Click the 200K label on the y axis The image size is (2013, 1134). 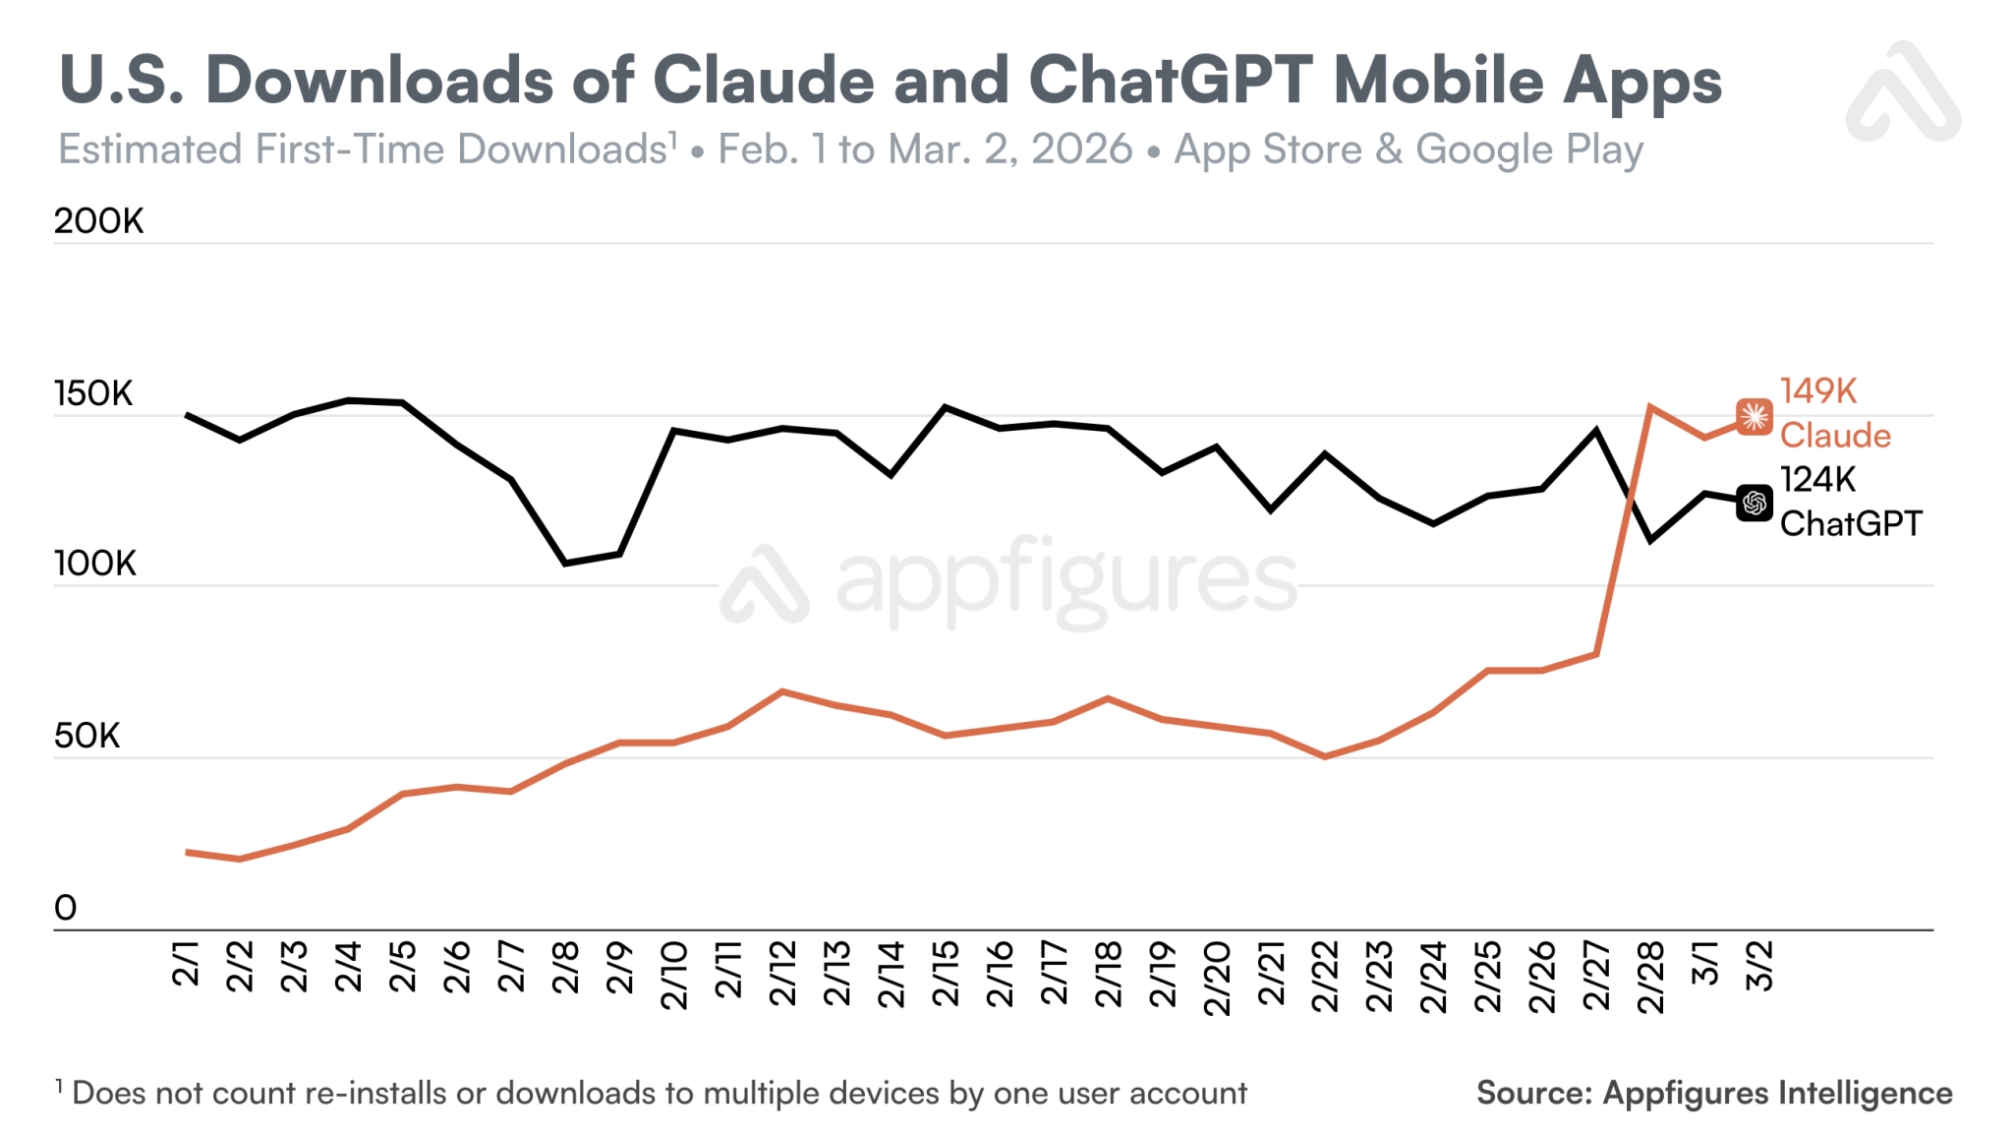coord(98,221)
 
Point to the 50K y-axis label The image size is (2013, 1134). coord(86,736)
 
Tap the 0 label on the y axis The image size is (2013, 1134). coord(65,907)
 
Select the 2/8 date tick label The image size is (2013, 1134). coord(565,967)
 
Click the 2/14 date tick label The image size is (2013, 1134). coord(891,975)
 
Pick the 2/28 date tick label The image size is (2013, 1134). coord(1650,977)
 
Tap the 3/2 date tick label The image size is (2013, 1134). coord(1758,966)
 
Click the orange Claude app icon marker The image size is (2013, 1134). coord(1754,417)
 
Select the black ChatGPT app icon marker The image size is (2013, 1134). coord(1754,504)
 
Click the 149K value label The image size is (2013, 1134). coord(1817,391)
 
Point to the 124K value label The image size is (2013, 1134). coord(1817,480)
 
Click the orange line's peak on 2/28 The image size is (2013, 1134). coord(1649,406)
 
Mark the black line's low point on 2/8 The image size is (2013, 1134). coord(565,564)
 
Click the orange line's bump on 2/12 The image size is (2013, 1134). coord(782,691)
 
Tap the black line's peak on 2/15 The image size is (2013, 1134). coord(945,406)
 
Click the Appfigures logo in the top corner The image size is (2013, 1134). coord(1902,93)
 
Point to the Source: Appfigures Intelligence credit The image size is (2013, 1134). coord(1714,1093)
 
